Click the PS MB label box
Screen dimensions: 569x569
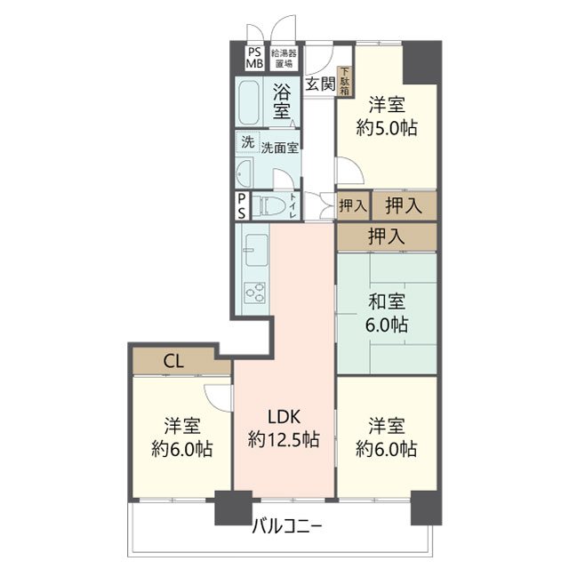tap(255, 58)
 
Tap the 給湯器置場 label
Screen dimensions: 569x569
tap(284, 58)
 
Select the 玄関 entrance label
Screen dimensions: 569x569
tap(320, 84)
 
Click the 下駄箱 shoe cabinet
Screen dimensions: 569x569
tap(344, 82)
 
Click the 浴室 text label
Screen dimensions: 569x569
tap(283, 101)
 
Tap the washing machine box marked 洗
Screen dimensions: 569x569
tap(248, 142)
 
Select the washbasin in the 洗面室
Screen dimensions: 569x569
tap(244, 174)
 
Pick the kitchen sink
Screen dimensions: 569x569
tap(256, 250)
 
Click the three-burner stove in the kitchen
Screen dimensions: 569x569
tap(255, 293)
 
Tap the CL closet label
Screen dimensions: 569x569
tap(173, 362)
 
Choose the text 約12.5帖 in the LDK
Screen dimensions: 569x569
tap(284, 439)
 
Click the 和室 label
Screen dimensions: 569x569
tap(387, 302)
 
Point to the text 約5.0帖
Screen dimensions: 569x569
tap(387, 128)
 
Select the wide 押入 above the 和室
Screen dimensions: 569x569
tap(387, 237)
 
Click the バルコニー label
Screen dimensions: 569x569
tap(287, 525)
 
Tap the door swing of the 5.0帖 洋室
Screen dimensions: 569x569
tap(350, 171)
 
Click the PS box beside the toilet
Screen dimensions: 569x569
tap(242, 206)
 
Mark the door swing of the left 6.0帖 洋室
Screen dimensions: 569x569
tap(218, 397)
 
